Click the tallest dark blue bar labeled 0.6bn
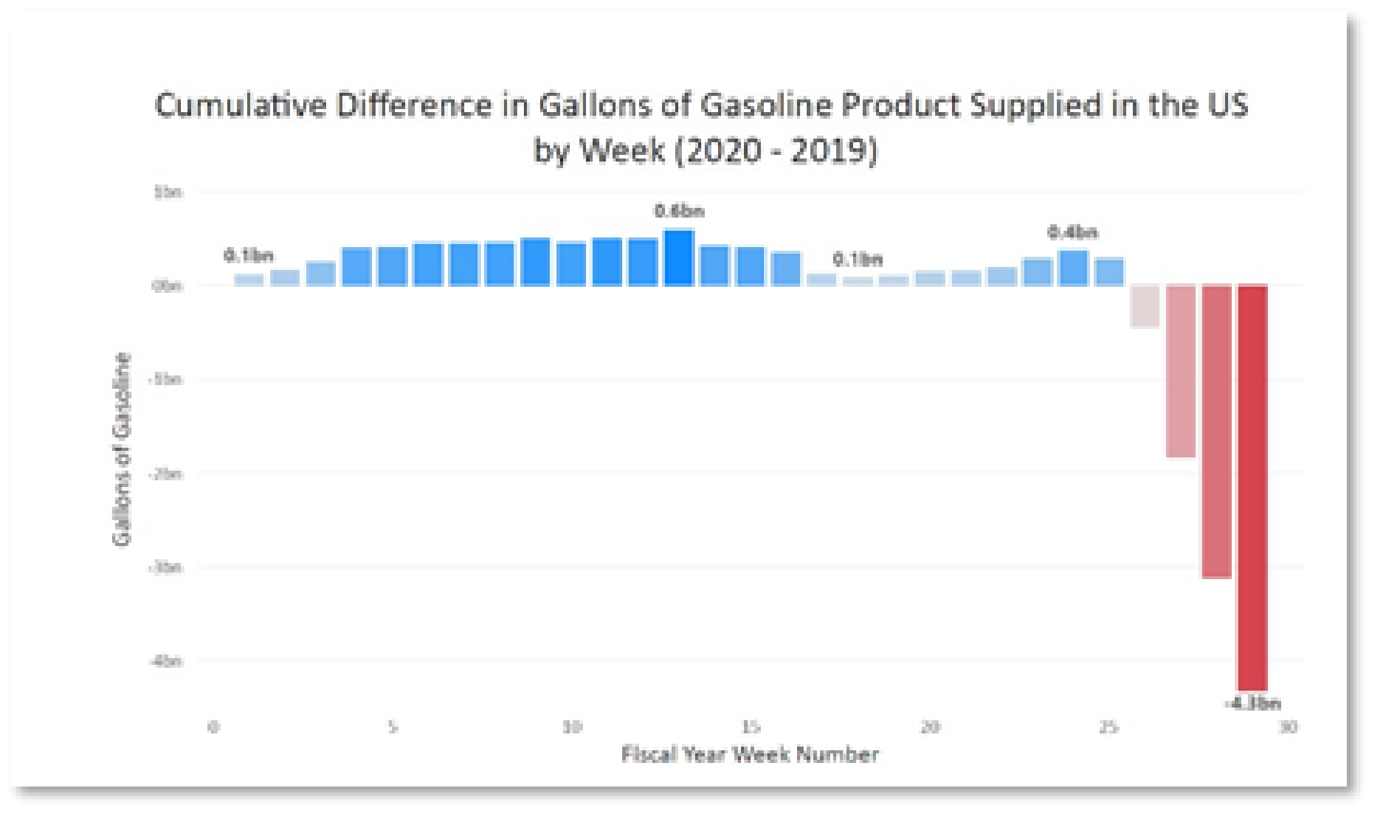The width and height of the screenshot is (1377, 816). pos(679,258)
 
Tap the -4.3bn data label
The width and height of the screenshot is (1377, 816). pos(1252,703)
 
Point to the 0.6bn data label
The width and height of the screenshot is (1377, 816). pos(679,211)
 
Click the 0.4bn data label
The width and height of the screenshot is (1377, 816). pos(1073,232)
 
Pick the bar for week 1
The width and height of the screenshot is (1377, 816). pos(249,280)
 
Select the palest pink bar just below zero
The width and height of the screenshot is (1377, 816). pos(1144,306)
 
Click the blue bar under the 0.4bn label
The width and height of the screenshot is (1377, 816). pos(1073,268)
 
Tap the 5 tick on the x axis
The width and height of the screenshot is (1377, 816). pos(392,727)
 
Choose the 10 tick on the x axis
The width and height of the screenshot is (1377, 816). pos(572,727)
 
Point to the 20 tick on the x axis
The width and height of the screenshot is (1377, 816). pos(930,727)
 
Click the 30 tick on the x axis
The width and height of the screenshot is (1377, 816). pos(1288,727)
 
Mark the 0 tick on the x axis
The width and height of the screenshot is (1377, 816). pos(213,727)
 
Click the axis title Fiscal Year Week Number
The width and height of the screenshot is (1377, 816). pos(750,754)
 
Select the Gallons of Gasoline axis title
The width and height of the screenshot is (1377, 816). pos(122,449)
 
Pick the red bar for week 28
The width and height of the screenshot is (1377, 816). pos(1217,431)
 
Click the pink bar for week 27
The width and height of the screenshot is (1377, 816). pos(1180,371)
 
